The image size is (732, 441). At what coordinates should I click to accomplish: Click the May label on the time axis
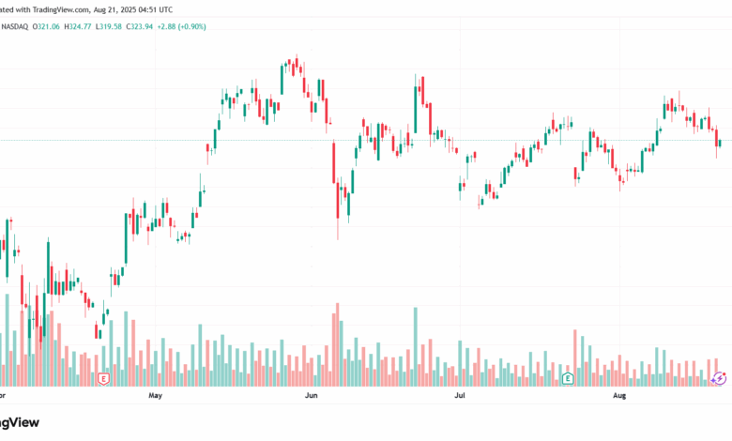(156, 397)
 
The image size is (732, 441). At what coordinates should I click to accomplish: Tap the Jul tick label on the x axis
(460, 397)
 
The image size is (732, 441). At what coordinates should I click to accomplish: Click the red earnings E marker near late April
(103, 378)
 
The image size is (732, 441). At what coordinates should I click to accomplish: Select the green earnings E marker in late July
(567, 378)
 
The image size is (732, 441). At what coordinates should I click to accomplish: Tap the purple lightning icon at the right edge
(719, 378)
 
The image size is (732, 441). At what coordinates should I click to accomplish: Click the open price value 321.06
(48, 26)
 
